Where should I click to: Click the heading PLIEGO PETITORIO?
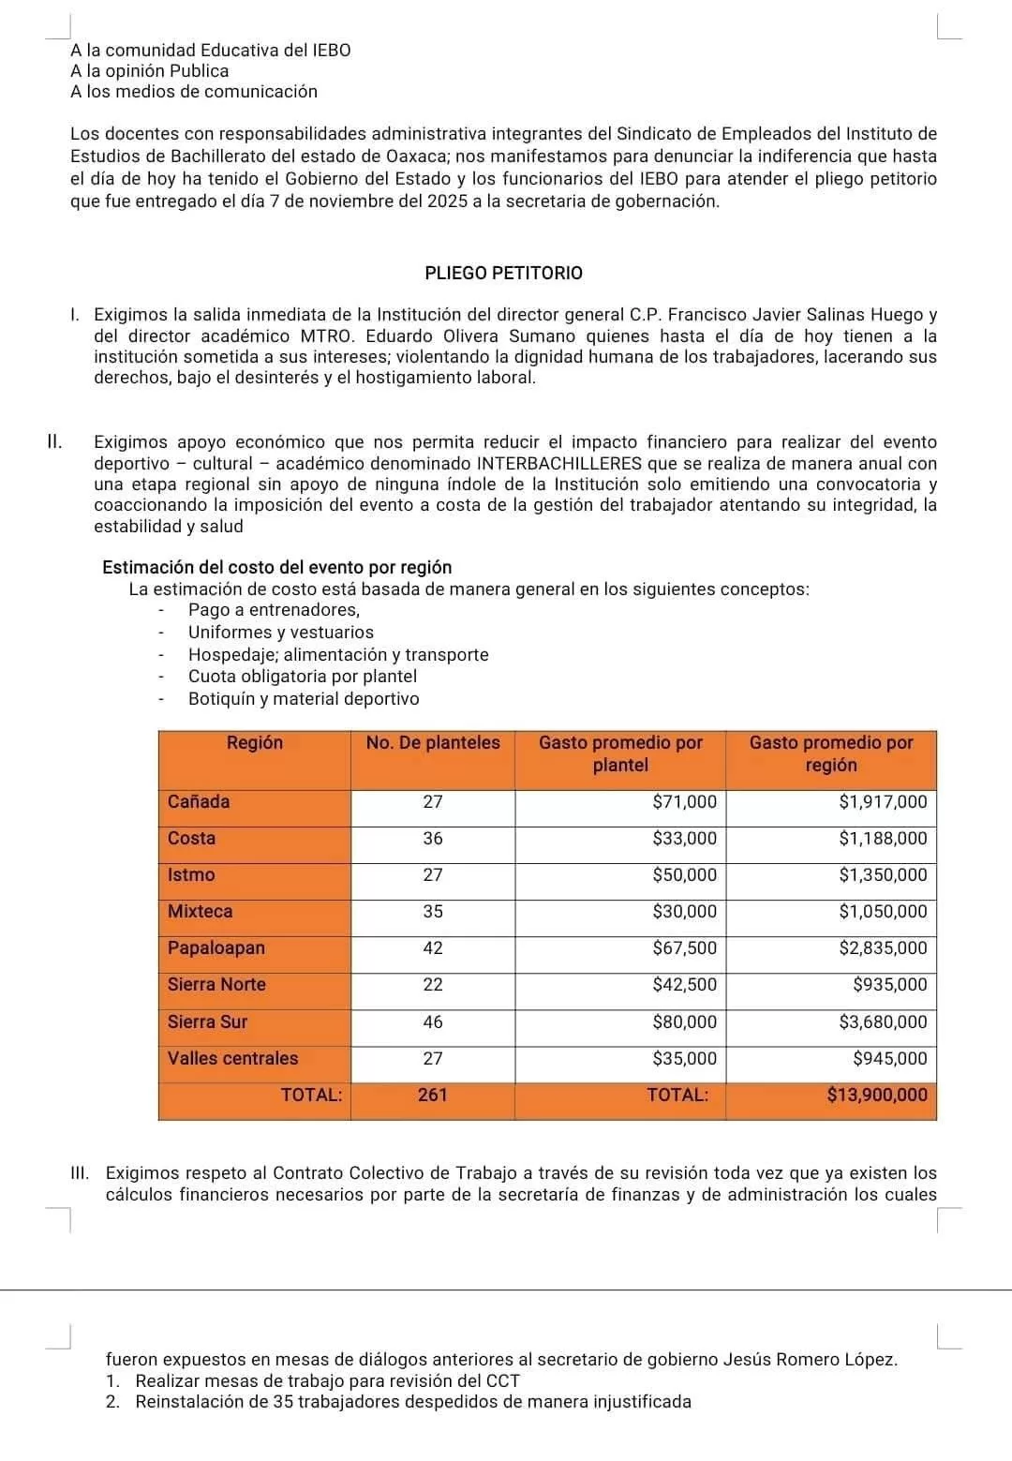[503, 274]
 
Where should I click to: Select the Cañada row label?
[199, 802]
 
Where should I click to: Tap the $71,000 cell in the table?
[684, 802]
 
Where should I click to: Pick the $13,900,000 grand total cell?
[876, 1096]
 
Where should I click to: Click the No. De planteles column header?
[433, 743]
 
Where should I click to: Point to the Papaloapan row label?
[216, 948]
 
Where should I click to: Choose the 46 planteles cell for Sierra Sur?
[433, 1022]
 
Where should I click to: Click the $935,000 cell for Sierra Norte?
[889, 985]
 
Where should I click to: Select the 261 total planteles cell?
[433, 1096]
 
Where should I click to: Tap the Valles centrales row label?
[232, 1059]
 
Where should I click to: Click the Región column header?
[255, 743]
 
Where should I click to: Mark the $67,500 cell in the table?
[684, 948]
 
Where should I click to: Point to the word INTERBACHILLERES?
[559, 464]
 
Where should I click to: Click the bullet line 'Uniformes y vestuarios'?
[280, 633]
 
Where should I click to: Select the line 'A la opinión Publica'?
[149, 71]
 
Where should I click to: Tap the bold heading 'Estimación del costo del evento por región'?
[276, 568]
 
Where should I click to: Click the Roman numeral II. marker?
[55, 442]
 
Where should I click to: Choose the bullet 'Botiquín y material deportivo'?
[304, 699]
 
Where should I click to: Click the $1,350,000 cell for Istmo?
[882, 875]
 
